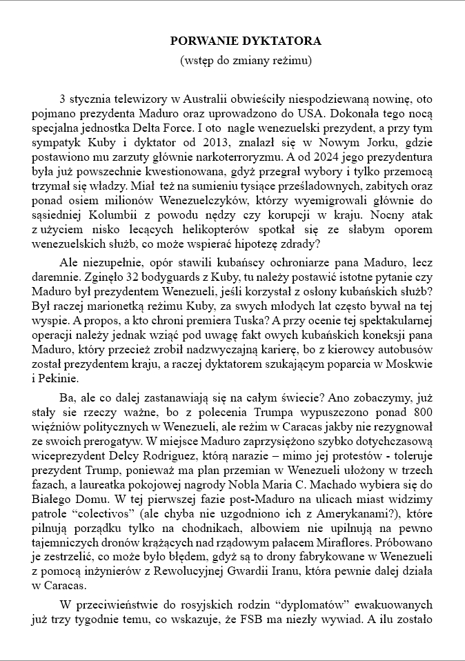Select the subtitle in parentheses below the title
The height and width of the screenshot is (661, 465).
(x=246, y=60)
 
